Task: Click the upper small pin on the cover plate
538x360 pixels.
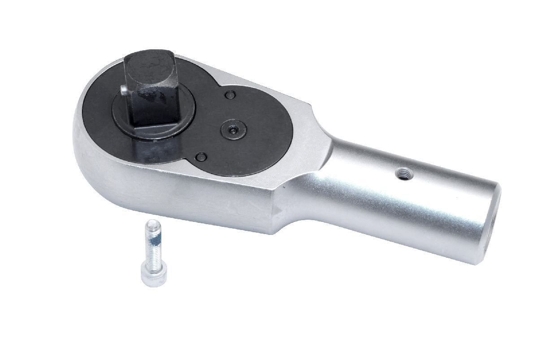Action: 230,95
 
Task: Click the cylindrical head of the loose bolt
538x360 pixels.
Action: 153,273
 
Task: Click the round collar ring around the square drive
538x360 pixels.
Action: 179,128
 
